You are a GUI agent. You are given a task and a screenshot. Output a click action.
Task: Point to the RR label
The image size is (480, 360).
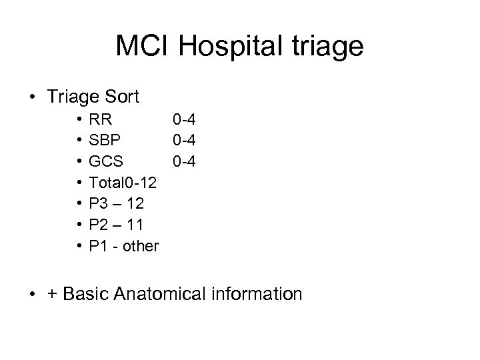coord(101,120)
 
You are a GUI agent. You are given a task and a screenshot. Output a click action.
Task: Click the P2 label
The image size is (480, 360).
coord(99,225)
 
